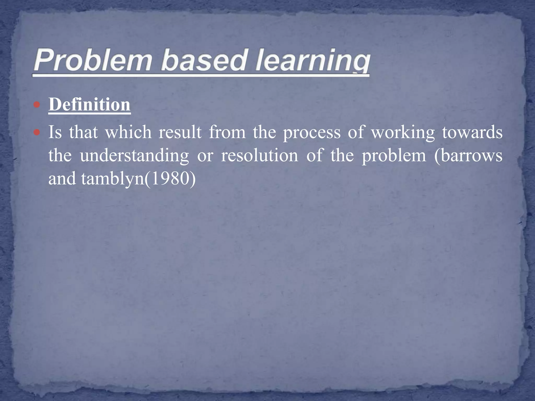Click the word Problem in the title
93,61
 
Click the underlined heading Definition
89,105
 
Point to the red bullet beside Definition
37,105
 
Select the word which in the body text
128,132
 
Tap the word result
180,132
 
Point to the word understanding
134,156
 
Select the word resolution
259,155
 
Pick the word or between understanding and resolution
205,156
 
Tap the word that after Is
83,132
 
